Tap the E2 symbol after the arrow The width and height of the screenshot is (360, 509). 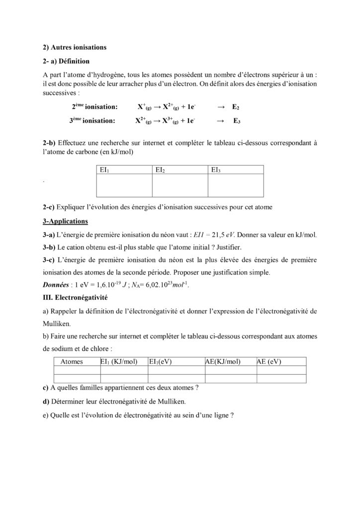click(236, 107)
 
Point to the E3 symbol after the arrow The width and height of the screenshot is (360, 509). click(237, 120)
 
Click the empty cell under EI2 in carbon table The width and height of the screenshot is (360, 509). click(180, 186)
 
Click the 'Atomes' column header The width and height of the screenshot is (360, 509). click(71, 362)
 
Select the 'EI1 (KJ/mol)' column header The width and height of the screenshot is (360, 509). click(119, 362)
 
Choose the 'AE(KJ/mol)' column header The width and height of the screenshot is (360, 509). click(223, 362)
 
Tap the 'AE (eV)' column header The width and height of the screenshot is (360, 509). click(269, 362)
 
